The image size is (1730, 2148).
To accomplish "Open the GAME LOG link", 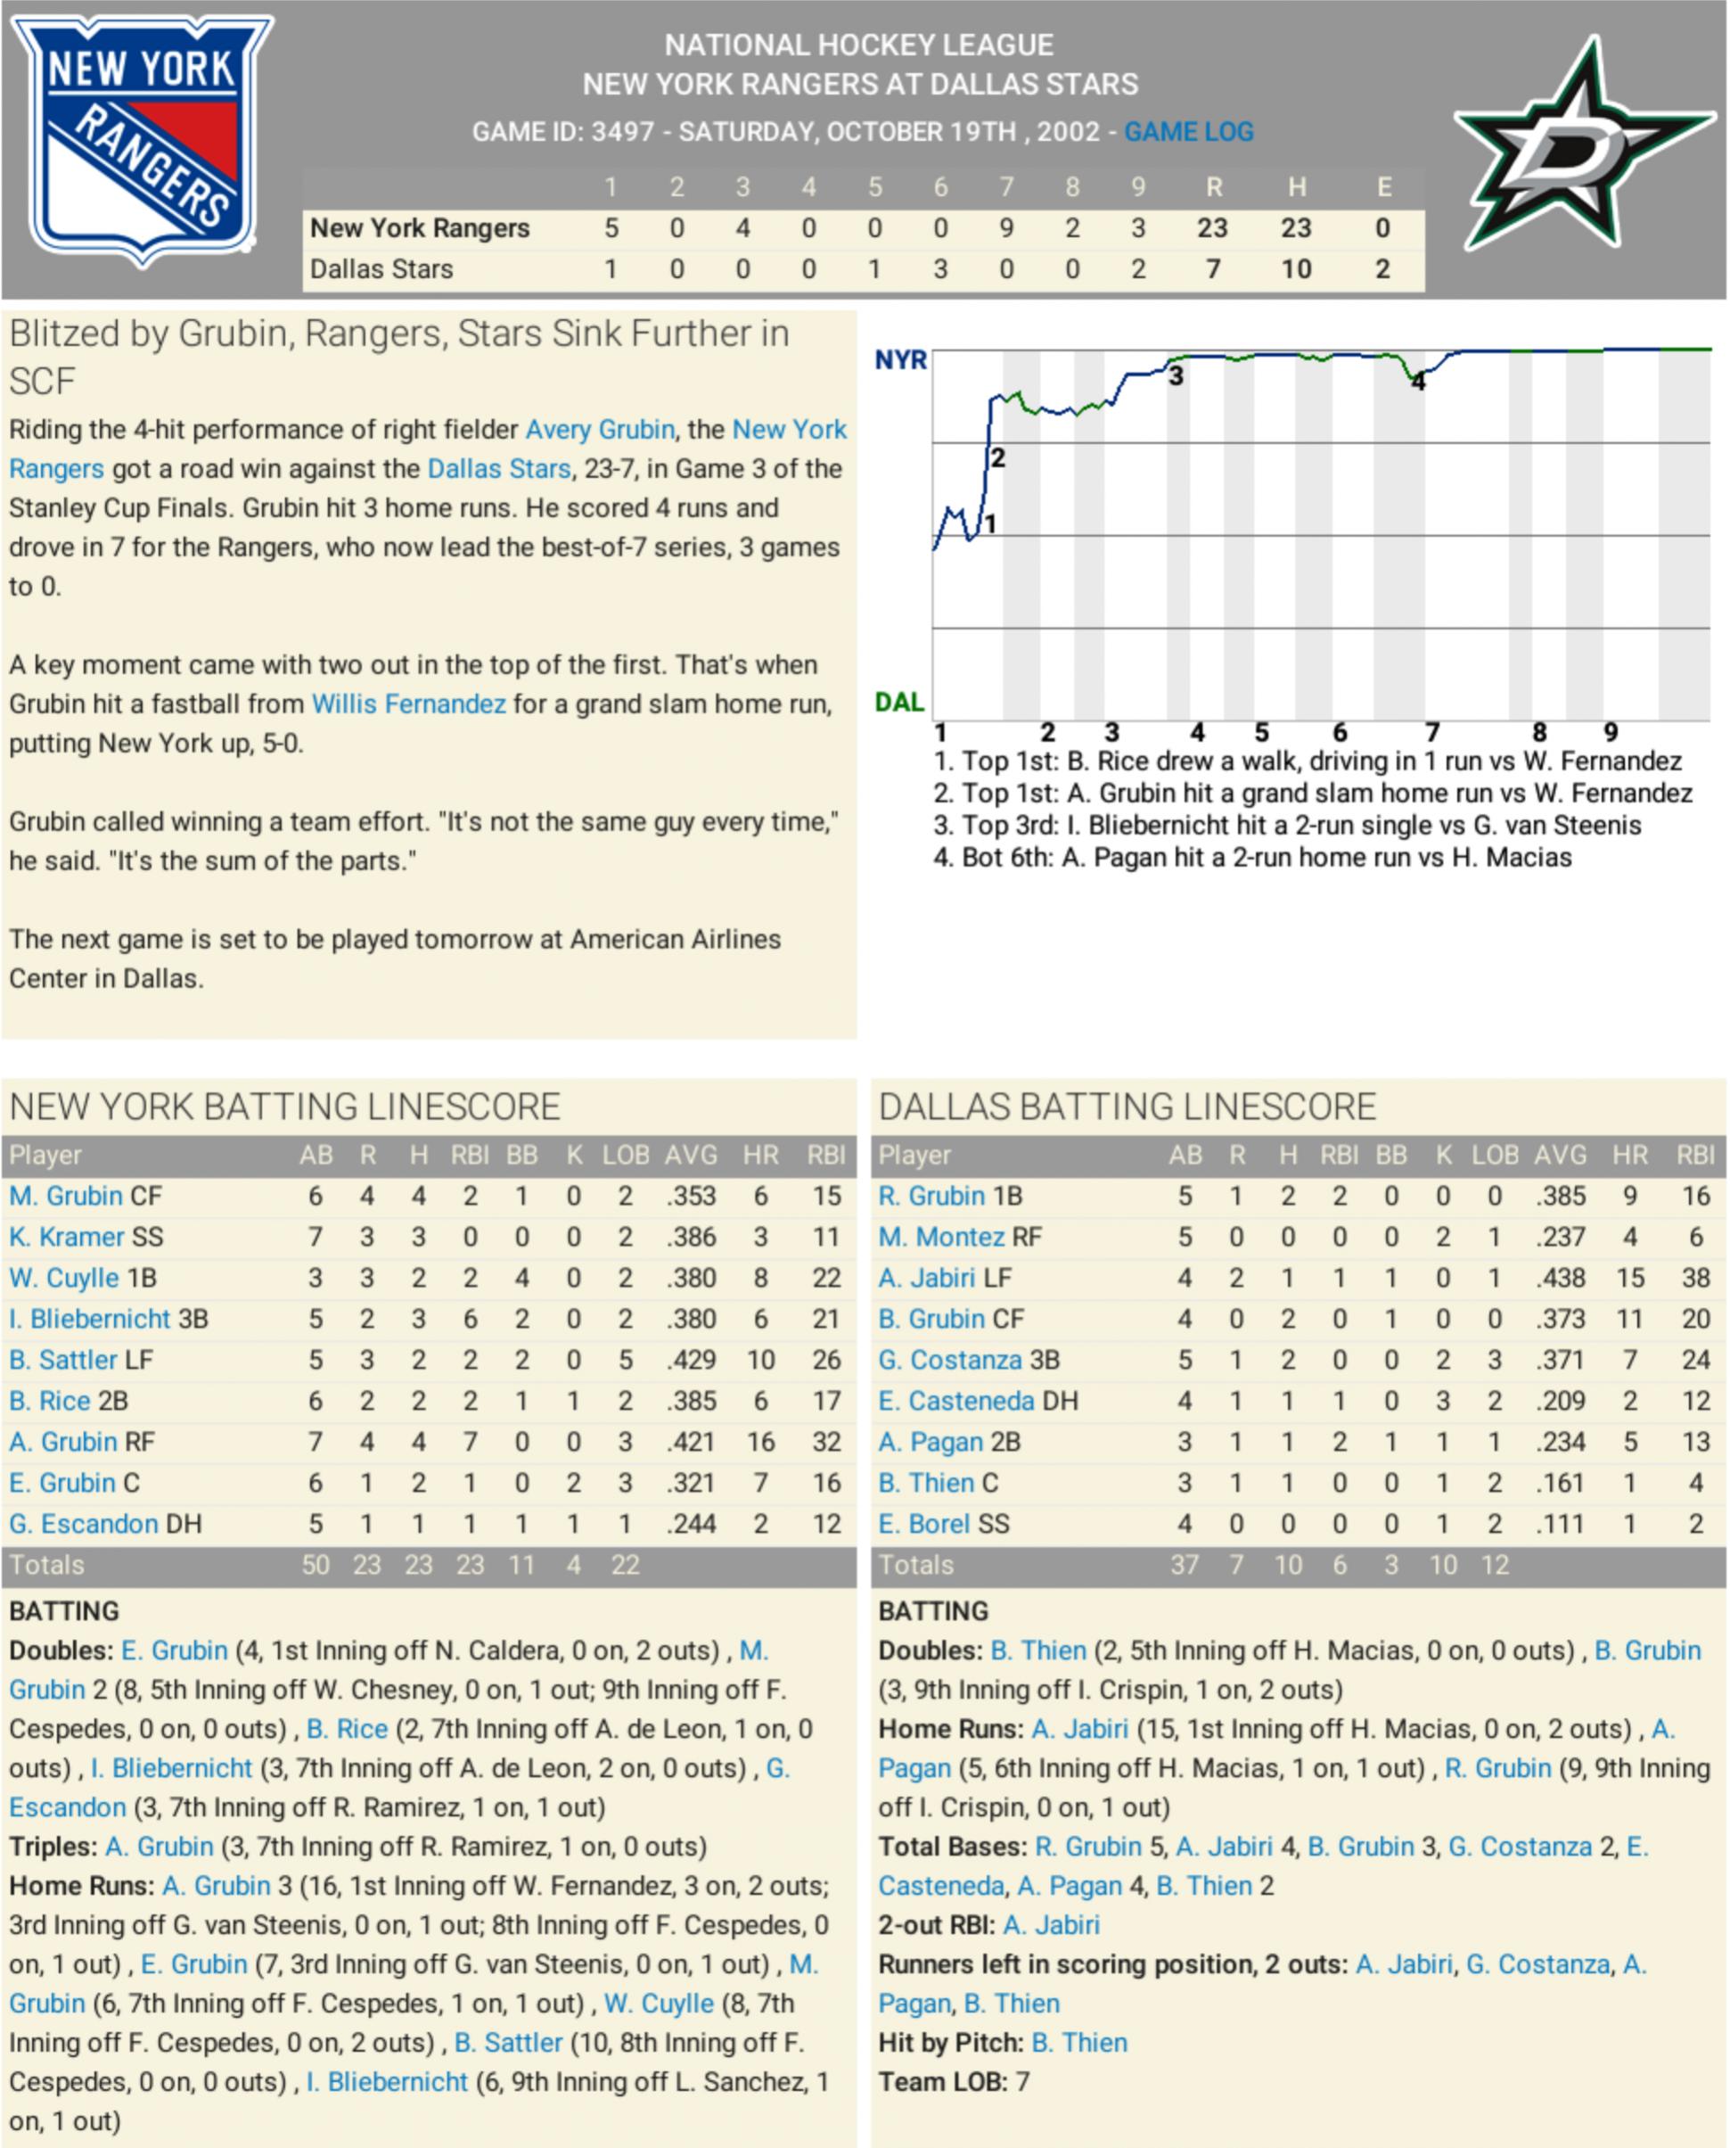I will pos(1188,132).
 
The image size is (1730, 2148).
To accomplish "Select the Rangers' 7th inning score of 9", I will pos(1006,228).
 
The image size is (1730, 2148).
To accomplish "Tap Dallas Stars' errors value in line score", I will pos(1382,269).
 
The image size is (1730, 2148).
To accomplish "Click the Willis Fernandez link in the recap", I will pos(408,704).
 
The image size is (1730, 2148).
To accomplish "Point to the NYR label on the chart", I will pos(900,360).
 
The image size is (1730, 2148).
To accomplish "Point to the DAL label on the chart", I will pos(899,703).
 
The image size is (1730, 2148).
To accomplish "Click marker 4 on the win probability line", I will pos(1418,382).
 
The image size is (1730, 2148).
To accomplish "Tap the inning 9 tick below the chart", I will pos(1611,733).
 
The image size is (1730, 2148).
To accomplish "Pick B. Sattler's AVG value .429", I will pos(691,1360).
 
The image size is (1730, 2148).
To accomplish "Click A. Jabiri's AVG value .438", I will pos(1560,1278).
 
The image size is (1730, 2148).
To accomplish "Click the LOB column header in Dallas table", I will pos(1495,1156).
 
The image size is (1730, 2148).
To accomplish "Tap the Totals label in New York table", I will pos(47,1565).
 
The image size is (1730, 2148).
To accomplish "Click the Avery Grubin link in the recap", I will pos(600,430).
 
